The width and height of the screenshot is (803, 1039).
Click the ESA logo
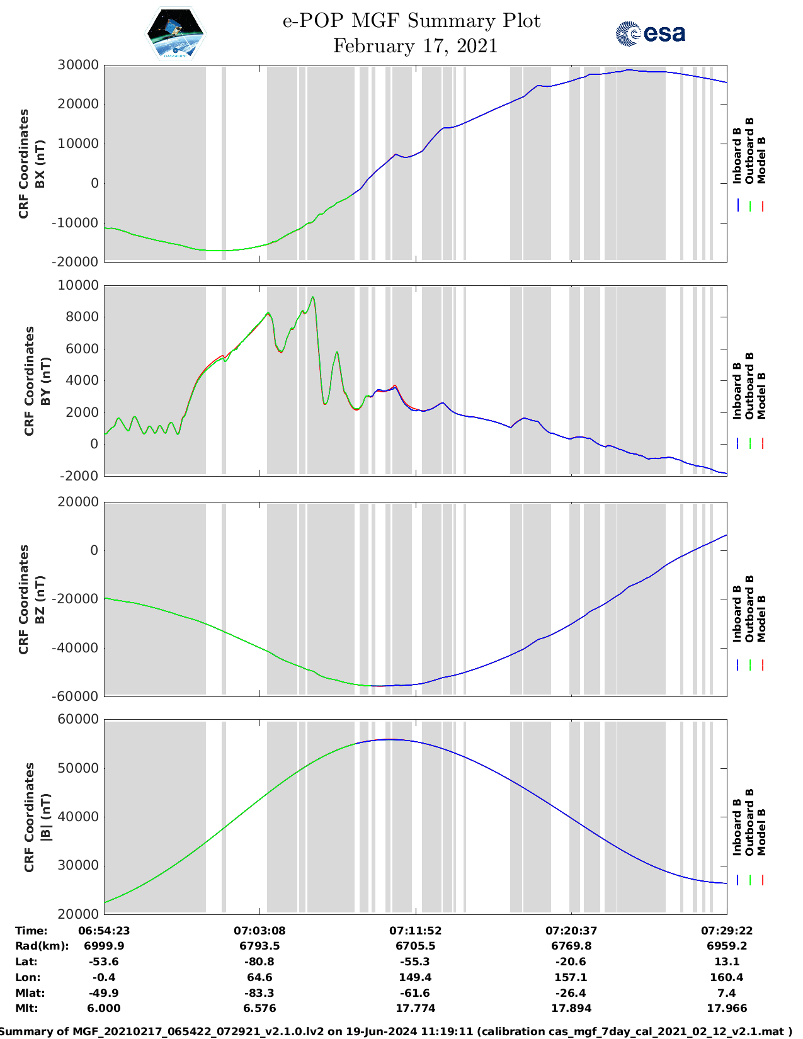[651, 33]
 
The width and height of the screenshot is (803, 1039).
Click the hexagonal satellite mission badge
[175, 34]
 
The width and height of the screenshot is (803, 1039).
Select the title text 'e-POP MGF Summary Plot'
[411, 21]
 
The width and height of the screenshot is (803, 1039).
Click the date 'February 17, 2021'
[415, 46]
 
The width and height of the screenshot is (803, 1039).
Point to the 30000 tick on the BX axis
[78, 65]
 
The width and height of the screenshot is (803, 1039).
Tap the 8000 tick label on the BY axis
[82, 317]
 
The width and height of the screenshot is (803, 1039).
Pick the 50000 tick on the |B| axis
[78, 768]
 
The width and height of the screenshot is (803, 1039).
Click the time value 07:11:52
[415, 931]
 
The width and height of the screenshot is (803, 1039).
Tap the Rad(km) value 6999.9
[104, 946]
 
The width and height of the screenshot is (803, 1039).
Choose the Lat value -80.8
[259, 962]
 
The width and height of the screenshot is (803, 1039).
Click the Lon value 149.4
[415, 978]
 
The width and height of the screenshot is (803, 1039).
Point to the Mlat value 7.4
[726, 993]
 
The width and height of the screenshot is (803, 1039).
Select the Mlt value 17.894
[571, 1009]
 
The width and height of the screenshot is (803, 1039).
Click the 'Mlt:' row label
[26, 1009]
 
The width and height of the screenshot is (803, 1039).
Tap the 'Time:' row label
[31, 931]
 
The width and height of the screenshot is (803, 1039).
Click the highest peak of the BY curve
[312, 297]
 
